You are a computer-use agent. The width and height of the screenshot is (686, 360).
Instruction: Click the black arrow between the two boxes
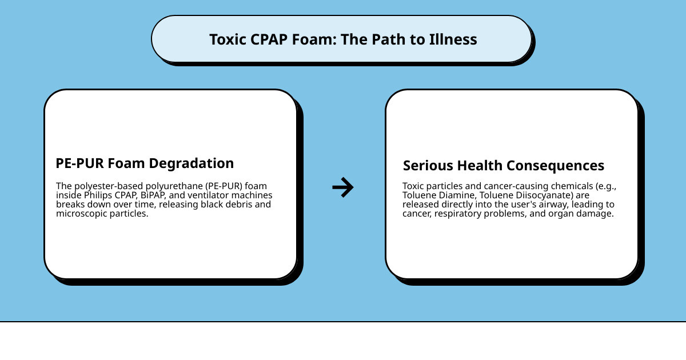click(x=343, y=187)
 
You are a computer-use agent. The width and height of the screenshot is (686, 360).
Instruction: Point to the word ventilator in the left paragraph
click(x=209, y=195)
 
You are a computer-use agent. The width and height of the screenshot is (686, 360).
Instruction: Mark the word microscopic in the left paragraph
click(x=81, y=214)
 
